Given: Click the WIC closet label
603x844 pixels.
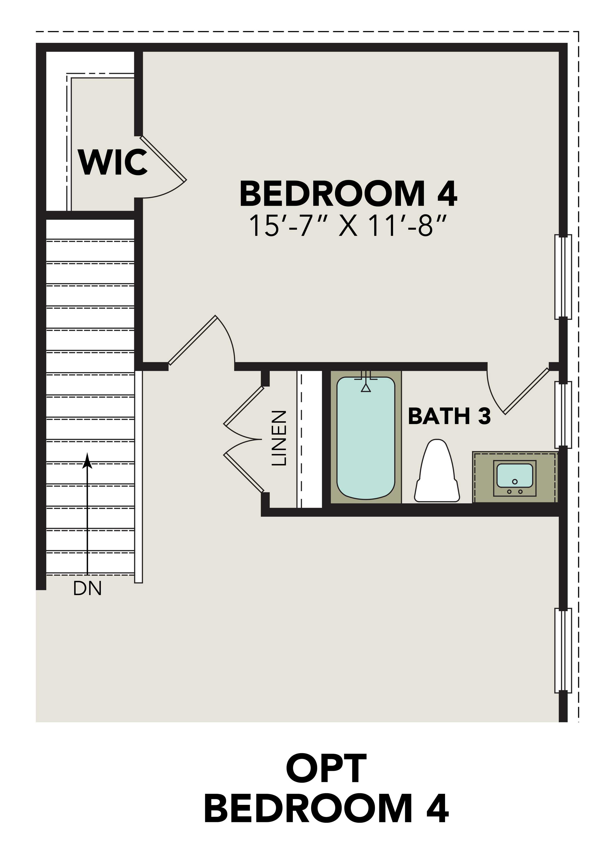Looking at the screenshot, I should coord(112,162).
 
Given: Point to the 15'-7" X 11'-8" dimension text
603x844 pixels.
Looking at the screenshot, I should coord(347,226).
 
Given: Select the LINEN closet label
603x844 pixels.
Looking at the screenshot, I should coord(279,438).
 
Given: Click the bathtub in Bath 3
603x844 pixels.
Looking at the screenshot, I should coord(366,438).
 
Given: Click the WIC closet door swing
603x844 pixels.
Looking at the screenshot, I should coord(163,160).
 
